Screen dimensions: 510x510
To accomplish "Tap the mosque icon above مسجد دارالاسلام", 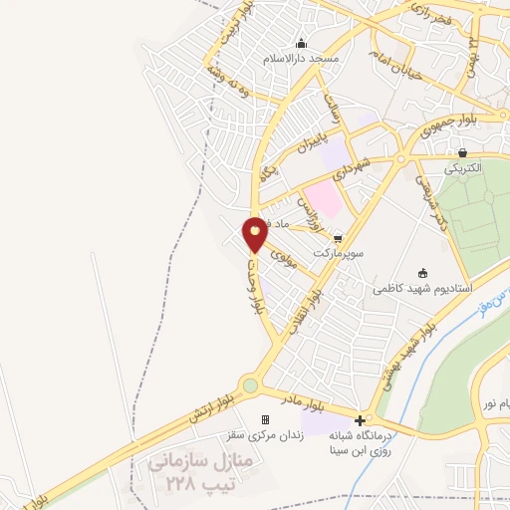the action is point(302,43).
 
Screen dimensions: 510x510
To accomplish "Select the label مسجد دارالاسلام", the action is point(302,58).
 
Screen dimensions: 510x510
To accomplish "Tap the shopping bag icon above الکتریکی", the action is point(463,152).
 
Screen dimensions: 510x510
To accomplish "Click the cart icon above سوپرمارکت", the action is point(339,238).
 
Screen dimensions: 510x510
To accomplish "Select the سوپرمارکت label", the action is point(339,253).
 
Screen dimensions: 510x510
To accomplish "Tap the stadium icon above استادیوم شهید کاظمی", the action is point(423,273).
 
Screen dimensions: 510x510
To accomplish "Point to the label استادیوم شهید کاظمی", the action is point(416,289).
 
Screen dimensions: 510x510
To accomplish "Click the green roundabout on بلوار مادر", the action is point(249,385).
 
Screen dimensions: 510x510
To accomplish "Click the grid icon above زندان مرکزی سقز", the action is point(265,419).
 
